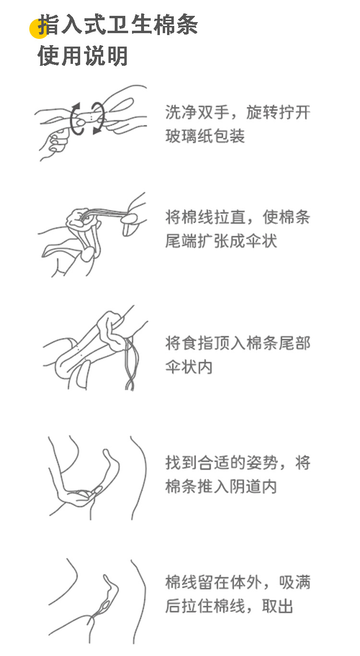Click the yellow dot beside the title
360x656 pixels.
[38, 29]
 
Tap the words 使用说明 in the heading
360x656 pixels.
[83, 56]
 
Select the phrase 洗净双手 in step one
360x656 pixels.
[197, 112]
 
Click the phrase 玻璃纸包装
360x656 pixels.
[205, 136]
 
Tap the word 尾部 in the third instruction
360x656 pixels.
[295, 343]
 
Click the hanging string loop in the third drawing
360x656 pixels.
[129, 365]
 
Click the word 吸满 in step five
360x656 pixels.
[295, 583]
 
